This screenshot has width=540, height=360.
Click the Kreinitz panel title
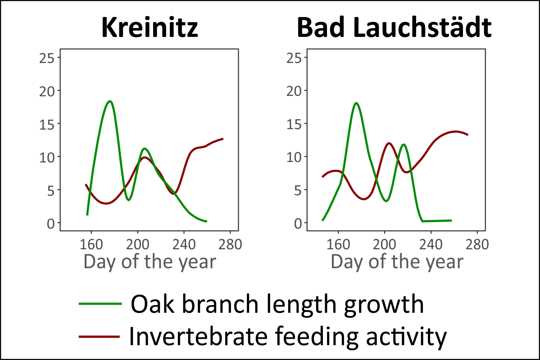point(150,28)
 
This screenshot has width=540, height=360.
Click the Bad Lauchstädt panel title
point(394,28)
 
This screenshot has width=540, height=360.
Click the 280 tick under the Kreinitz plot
point(231,244)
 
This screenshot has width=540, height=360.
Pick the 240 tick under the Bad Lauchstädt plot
point(431,244)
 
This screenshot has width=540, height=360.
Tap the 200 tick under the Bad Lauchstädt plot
point(385,244)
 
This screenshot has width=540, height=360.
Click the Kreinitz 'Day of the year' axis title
point(150,262)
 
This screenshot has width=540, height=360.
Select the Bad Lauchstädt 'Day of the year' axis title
point(397,262)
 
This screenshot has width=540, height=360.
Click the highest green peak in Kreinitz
point(109,101)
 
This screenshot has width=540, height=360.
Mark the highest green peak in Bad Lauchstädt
point(357,103)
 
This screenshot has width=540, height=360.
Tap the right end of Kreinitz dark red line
point(222,139)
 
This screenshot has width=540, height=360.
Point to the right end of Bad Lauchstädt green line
point(451,220)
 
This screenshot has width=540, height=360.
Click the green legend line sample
point(100,304)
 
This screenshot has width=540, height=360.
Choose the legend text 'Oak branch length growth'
point(277,305)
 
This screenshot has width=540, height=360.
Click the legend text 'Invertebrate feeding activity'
point(287,336)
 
